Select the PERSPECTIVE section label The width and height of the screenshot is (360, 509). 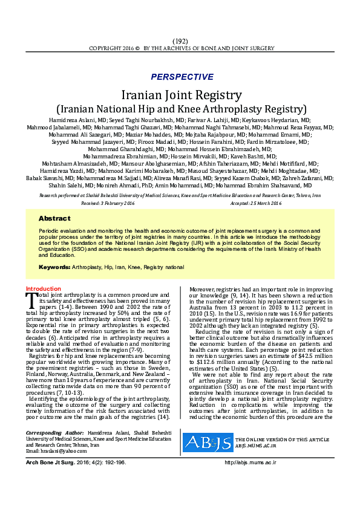point(182,77)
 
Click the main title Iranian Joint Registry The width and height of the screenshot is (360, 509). point(182,95)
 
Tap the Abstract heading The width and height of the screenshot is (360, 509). point(54,218)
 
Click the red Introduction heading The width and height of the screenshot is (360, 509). point(44,289)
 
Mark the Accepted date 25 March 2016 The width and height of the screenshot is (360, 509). point(256,203)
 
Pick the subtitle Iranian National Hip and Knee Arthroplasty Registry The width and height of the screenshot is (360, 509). point(182,109)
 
